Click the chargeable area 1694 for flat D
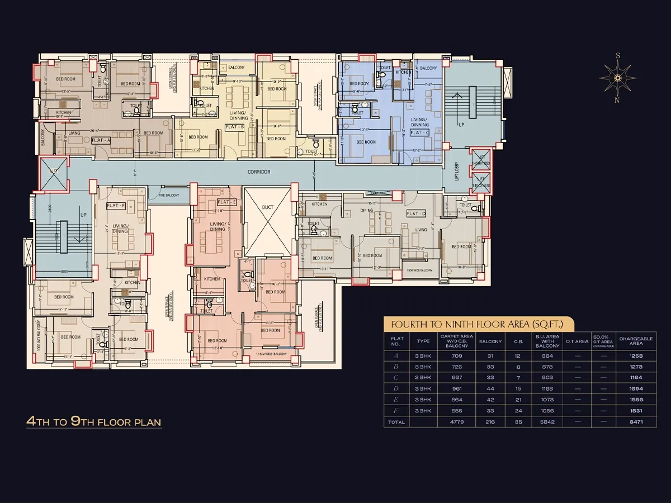click(635, 388)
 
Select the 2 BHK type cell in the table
click(424, 377)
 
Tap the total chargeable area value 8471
click(635, 422)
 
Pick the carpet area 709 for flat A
click(457, 355)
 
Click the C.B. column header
click(518, 341)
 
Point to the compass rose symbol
click(617, 78)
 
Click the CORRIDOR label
click(259, 172)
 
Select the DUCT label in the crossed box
click(268, 207)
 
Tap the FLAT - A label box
click(101, 140)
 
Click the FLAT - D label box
click(416, 213)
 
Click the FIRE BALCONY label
click(168, 195)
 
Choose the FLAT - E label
click(227, 202)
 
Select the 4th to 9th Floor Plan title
click(94, 421)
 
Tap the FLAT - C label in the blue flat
click(419, 133)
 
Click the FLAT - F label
click(116, 206)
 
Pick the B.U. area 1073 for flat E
click(547, 400)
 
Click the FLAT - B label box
click(234, 127)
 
